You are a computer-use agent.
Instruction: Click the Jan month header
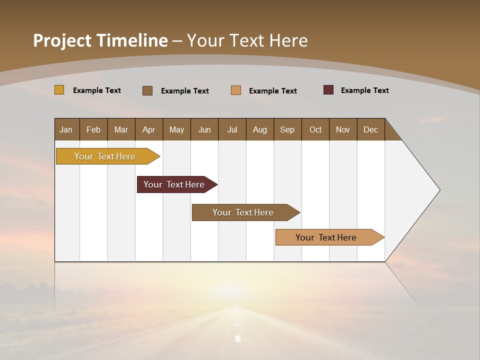coord(66,129)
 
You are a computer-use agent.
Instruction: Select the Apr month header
coord(148,129)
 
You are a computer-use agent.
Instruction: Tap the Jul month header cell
coord(232,129)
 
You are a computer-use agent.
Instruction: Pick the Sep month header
coord(287,129)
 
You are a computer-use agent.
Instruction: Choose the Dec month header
coord(370,129)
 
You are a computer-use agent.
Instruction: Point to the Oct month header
coord(315,129)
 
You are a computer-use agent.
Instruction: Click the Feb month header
coord(93,129)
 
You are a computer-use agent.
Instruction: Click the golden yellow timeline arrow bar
coord(105,156)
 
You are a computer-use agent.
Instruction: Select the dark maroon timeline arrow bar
coord(174,184)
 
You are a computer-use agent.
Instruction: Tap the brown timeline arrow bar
coord(243,212)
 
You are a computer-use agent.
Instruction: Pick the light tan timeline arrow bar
coord(326,237)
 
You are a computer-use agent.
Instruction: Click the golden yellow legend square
coord(59,90)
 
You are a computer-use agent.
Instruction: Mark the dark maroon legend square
coord(328,90)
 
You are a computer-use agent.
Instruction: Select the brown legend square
coord(147,90)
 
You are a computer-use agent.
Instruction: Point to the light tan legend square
coord(236,90)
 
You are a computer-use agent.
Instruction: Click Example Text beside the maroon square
coord(364,90)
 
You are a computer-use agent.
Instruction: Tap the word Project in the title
coord(61,40)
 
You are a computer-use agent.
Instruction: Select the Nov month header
coord(342,129)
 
